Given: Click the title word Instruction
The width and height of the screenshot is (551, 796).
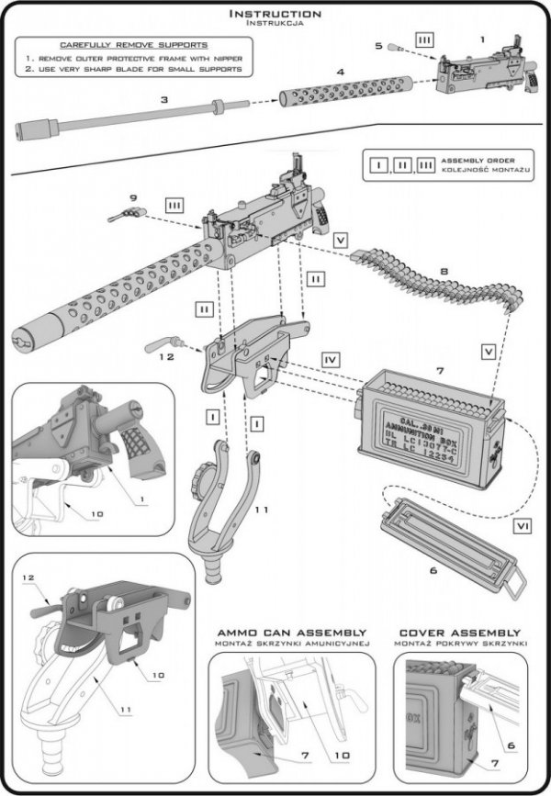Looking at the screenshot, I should pyautogui.click(x=275, y=14).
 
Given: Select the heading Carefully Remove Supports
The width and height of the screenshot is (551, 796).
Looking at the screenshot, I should pyautogui.click(x=133, y=44).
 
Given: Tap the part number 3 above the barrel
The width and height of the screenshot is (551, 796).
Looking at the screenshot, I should pyautogui.click(x=164, y=99).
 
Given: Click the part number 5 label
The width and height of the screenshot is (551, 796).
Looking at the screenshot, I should pyautogui.click(x=377, y=45).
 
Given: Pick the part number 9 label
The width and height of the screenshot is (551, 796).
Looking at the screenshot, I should pyautogui.click(x=132, y=197).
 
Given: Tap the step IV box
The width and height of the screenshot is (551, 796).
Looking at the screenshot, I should pyautogui.click(x=332, y=354).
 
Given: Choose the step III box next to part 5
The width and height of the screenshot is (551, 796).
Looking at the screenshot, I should pyautogui.click(x=423, y=41).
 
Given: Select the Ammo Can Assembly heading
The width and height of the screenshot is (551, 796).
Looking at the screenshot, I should pyautogui.click(x=291, y=633).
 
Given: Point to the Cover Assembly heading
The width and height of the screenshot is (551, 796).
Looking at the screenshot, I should pyautogui.click(x=459, y=633).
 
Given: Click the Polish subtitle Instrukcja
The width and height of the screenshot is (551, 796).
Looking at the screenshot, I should pyautogui.click(x=275, y=26).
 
